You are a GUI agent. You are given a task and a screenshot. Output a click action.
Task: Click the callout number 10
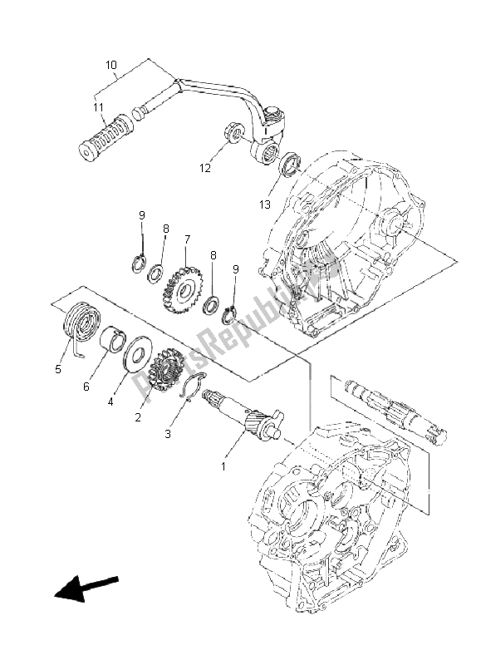[111, 65]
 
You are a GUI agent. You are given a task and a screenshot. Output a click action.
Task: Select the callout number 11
[98, 107]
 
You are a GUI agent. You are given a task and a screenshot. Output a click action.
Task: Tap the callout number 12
[204, 168]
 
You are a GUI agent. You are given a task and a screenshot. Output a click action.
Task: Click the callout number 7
[188, 239]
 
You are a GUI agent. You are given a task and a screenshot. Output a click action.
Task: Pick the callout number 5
[58, 369]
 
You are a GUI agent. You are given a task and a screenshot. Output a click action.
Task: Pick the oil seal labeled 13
[289, 163]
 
